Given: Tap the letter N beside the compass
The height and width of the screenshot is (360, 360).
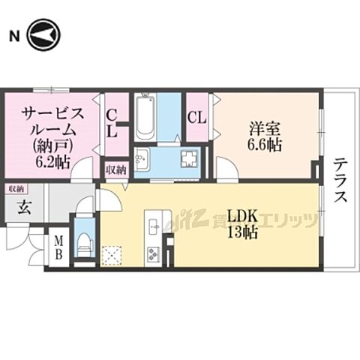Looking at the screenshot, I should click(x=13, y=35).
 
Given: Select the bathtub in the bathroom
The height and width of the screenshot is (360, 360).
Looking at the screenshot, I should click(x=145, y=118).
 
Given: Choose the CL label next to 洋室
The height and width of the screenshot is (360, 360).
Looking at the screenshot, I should click(x=197, y=117).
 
